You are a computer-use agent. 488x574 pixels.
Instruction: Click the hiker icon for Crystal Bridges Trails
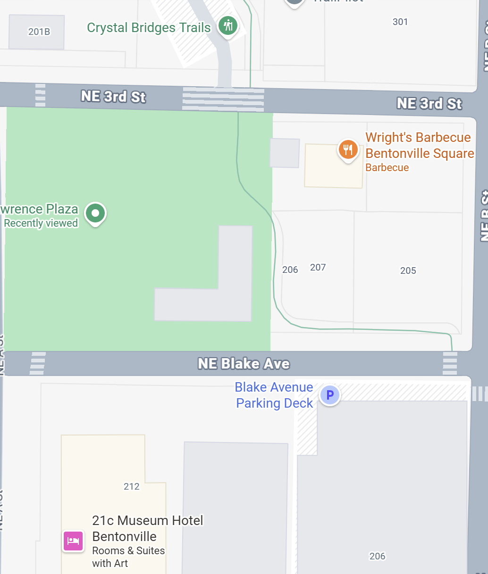(x=228, y=25)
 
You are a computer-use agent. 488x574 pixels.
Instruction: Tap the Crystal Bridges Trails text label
(x=149, y=28)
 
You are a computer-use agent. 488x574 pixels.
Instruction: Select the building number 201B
(x=39, y=32)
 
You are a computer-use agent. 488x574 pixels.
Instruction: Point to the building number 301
(x=400, y=22)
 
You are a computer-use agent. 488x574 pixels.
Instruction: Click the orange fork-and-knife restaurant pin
(x=348, y=150)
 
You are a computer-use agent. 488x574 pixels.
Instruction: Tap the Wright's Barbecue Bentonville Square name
(x=419, y=146)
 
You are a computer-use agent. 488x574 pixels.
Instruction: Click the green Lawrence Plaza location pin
(x=95, y=213)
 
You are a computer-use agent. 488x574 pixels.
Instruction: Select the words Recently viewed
(x=41, y=223)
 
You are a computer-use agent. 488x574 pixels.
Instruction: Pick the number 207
(x=318, y=268)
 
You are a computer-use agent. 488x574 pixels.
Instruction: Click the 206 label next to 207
(x=290, y=270)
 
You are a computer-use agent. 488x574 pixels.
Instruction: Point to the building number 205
(x=408, y=271)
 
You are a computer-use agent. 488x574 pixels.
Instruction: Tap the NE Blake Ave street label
(x=244, y=364)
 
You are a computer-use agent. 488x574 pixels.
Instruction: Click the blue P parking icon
(x=330, y=395)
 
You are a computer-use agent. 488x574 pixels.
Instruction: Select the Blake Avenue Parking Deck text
(x=274, y=395)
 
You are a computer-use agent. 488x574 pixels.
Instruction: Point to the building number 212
(x=132, y=486)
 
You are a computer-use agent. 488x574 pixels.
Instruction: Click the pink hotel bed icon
(x=73, y=541)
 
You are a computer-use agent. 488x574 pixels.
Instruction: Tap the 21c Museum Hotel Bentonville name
(x=147, y=528)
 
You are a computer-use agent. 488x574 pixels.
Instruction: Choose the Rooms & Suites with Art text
(x=128, y=557)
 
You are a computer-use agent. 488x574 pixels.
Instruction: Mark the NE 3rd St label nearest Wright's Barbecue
(x=429, y=104)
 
